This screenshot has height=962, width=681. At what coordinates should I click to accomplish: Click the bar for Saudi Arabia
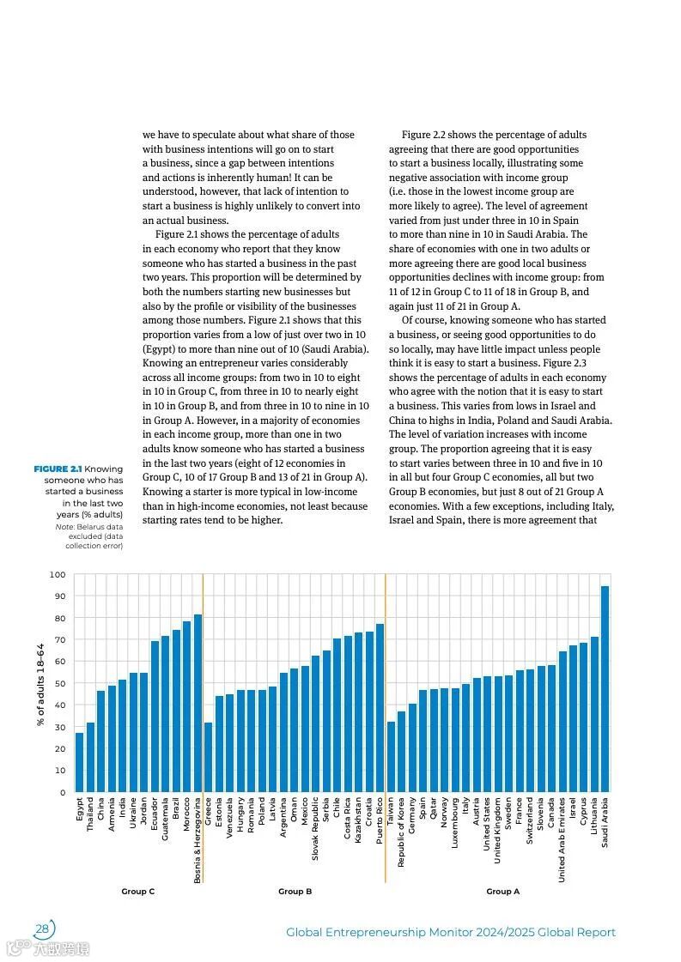coord(605,689)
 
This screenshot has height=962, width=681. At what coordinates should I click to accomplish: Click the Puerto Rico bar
coord(380,708)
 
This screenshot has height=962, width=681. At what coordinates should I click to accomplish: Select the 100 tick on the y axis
coord(58,575)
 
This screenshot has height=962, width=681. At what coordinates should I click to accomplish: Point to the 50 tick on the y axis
coord(59,684)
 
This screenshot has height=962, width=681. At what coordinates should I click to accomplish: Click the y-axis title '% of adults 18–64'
coord(40,682)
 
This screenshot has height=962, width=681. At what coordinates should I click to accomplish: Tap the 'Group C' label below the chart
coord(137,892)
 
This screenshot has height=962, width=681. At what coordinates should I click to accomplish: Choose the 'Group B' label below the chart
coord(295,892)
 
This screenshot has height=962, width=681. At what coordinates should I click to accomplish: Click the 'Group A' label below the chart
coord(502,892)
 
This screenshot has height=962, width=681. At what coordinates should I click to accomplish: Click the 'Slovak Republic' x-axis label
coord(315,829)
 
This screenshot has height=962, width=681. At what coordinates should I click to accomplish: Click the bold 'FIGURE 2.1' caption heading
coord(58,469)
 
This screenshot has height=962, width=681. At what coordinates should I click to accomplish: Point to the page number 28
coord(41,929)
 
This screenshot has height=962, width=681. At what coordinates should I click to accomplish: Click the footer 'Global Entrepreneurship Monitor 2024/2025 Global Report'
coord(450,932)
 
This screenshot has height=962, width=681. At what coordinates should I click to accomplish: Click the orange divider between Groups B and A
coord(386,729)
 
